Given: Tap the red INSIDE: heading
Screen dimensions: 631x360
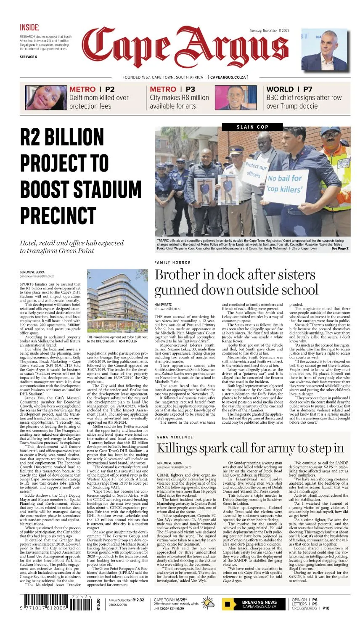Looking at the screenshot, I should [29, 28].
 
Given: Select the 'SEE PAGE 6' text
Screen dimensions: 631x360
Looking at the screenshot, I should [28, 57].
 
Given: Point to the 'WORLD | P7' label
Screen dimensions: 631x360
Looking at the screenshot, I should [289, 89].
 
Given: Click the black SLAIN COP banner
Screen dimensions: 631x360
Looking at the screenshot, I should [252, 127].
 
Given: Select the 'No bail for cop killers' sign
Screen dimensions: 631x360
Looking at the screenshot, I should [285, 183].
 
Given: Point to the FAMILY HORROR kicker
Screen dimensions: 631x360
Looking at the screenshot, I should [172, 262].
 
